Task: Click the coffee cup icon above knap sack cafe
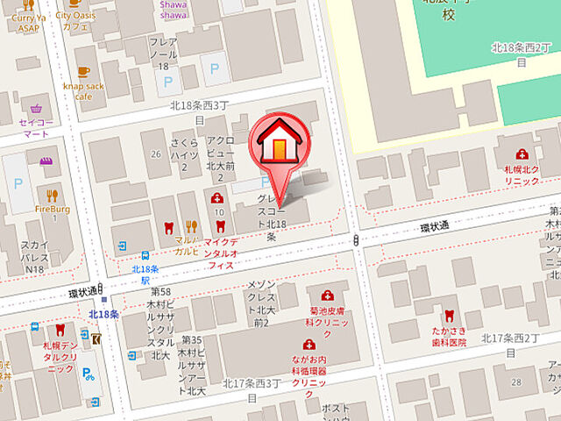click(83, 73)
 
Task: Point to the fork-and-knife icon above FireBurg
click(52, 196)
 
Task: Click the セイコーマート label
click(36, 128)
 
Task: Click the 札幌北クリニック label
click(522, 174)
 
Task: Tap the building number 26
click(156, 154)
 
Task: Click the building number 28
click(515, 382)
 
